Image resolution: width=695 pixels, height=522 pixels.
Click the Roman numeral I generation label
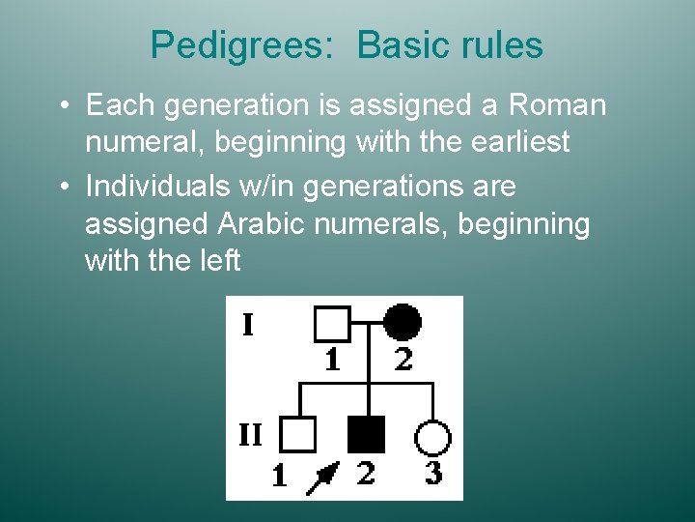(x=248, y=325)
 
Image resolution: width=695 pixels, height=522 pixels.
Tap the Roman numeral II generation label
(x=250, y=435)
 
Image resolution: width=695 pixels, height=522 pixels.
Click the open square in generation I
(x=331, y=323)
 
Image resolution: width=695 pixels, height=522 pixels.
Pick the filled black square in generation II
(x=366, y=434)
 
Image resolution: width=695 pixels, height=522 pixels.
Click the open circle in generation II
(x=432, y=437)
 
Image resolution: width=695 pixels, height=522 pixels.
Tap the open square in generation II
(x=299, y=435)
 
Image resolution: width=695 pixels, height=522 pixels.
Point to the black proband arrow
(x=323, y=478)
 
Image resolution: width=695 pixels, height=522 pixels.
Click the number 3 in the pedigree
(x=434, y=474)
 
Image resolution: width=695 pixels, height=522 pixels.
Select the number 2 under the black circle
(x=403, y=361)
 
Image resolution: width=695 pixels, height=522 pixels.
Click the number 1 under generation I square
(x=332, y=362)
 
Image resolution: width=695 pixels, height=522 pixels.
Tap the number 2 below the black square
(x=366, y=474)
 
